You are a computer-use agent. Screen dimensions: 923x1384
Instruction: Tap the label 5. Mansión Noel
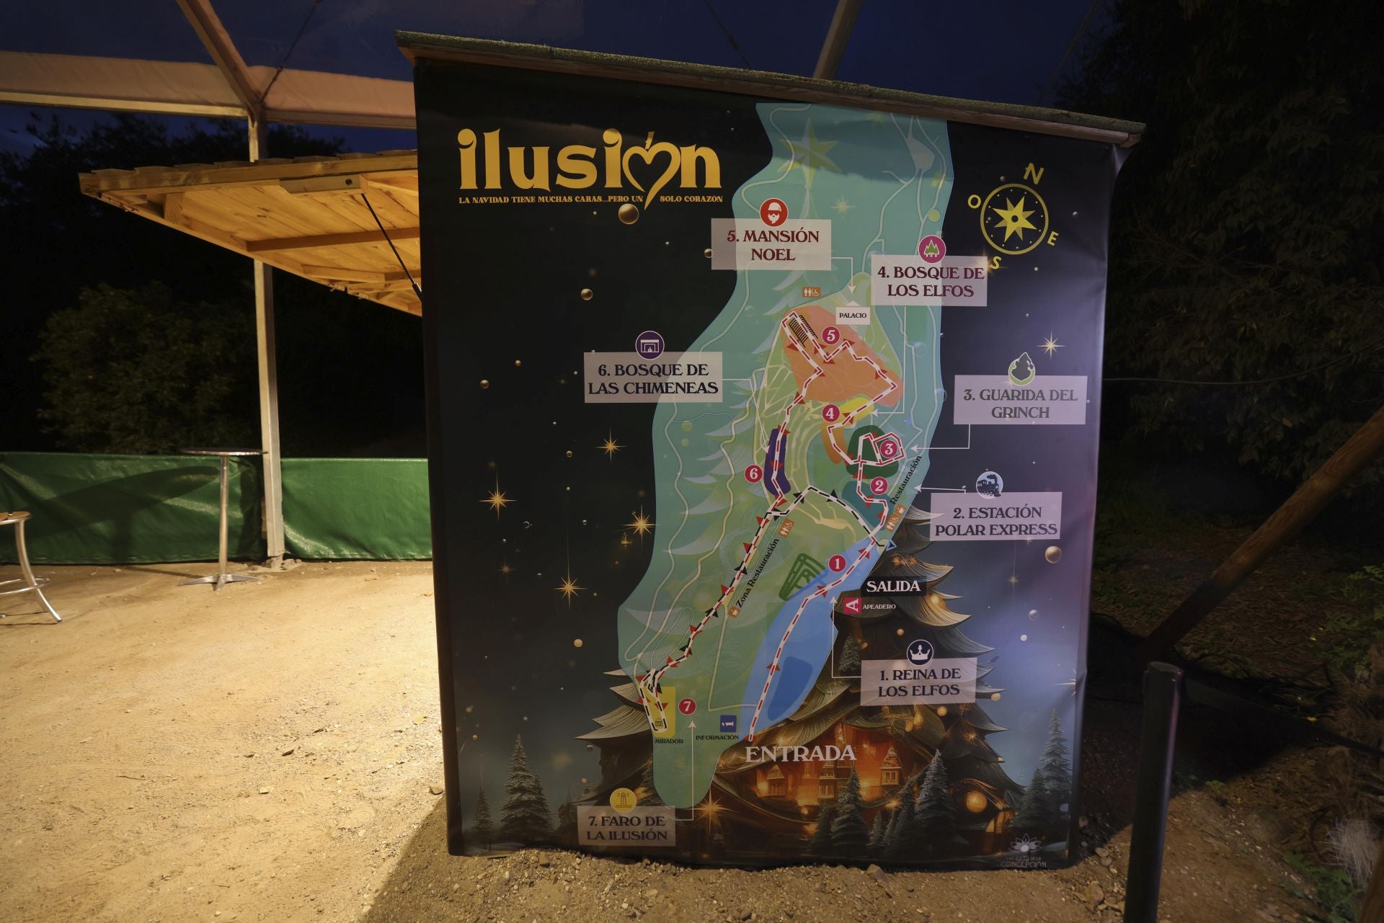tap(771, 245)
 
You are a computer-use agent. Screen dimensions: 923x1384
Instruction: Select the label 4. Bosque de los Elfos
tap(928, 282)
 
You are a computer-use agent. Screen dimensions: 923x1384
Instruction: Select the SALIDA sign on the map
tap(892, 587)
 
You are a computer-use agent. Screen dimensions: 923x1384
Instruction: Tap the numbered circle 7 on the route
tap(688, 706)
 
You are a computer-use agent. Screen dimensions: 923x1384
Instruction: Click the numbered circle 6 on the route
tap(754, 473)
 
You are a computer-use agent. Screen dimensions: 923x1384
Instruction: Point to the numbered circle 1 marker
tap(837, 563)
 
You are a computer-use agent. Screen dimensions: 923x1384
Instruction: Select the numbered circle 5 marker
tap(831, 336)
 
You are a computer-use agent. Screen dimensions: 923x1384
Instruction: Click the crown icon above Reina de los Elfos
tap(918, 652)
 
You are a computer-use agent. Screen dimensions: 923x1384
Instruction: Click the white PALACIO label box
tap(852, 316)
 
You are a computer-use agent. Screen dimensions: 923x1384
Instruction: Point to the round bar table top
tap(221, 452)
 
